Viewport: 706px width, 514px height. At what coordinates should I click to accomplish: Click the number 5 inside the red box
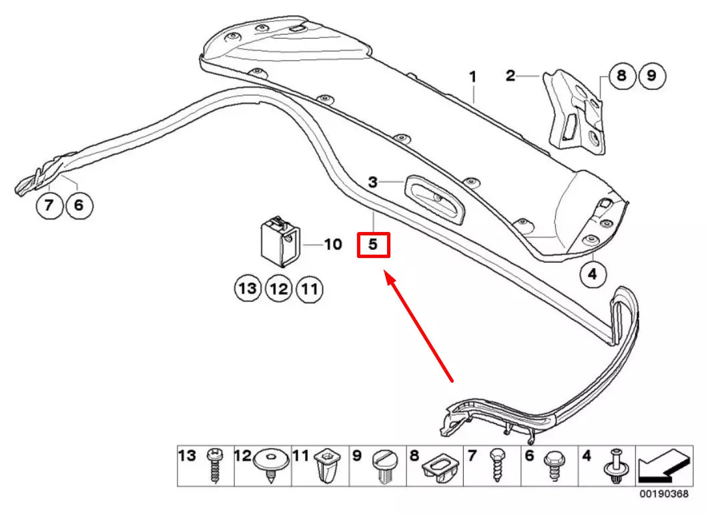click(x=373, y=244)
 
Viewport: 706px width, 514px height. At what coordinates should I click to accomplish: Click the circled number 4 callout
click(x=592, y=273)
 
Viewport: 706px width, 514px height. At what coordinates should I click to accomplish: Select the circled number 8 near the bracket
click(x=621, y=75)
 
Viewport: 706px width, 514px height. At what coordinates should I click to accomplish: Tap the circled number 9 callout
click(x=651, y=75)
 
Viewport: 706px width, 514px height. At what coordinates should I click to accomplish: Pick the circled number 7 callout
click(x=49, y=205)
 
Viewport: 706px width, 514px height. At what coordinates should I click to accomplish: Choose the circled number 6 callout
click(x=79, y=205)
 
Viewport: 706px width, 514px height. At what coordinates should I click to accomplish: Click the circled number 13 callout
click(x=248, y=288)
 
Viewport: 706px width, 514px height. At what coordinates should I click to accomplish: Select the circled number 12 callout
click(x=279, y=288)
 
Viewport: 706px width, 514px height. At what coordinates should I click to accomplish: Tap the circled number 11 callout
click(x=310, y=288)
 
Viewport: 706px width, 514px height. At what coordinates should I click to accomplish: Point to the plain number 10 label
click(x=333, y=244)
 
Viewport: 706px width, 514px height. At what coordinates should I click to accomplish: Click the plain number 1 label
click(x=472, y=77)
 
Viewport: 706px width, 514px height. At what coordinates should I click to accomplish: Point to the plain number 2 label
click(x=510, y=75)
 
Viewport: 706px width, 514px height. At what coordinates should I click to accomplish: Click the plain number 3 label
click(x=372, y=182)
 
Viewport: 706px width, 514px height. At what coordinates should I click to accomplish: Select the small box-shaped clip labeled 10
click(x=280, y=239)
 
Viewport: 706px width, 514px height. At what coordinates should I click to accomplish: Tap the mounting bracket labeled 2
click(x=575, y=111)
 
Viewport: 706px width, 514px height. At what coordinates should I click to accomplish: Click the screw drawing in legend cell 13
click(x=214, y=465)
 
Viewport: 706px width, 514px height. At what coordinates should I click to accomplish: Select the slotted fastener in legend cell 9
click(x=383, y=466)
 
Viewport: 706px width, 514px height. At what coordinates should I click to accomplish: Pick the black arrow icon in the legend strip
click(x=664, y=465)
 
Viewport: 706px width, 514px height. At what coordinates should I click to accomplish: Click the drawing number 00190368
click(x=664, y=494)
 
